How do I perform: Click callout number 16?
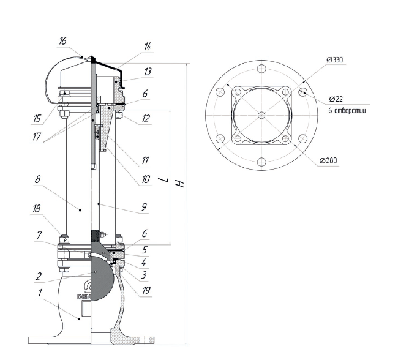point(62,41)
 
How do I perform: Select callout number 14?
point(148,47)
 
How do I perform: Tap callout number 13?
point(148,72)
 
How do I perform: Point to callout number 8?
point(37,179)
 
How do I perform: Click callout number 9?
point(144,208)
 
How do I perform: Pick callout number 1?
point(40,293)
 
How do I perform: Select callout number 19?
point(146,290)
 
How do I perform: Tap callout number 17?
point(37,137)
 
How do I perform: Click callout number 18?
point(36,209)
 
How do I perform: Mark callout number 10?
point(146,179)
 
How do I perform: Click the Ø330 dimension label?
point(335,60)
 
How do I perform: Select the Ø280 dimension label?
point(328,160)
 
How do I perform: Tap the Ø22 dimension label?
point(336,99)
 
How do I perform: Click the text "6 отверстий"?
point(347,111)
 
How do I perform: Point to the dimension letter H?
point(180,184)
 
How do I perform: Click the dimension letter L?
point(163,180)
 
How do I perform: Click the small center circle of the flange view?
point(261,116)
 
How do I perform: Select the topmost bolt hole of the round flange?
point(261,69)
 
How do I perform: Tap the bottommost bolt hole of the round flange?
point(261,162)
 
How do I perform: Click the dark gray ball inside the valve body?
point(102,278)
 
